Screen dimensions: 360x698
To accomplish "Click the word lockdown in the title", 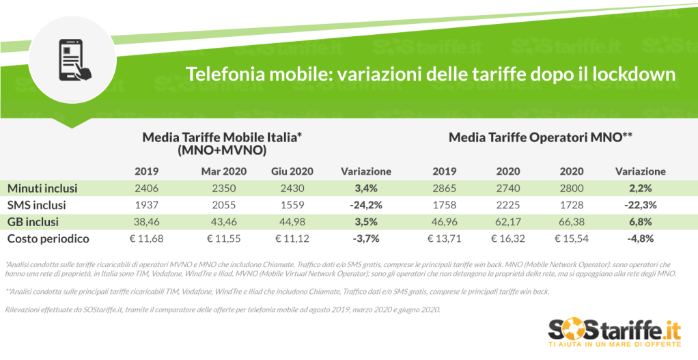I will coord(632,74).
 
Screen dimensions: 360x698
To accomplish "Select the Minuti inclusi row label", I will coord(42,188).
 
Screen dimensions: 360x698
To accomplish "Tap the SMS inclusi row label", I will coord(38,205).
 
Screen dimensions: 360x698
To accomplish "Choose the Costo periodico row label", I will coord(48,239).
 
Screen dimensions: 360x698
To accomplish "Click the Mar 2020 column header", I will coord(224,171).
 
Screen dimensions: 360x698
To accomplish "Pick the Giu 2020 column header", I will coord(292,171).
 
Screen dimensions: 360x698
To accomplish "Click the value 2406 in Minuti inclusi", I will coord(147,188).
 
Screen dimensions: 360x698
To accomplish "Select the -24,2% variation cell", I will coord(365,205).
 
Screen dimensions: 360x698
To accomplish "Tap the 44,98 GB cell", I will coord(292,222).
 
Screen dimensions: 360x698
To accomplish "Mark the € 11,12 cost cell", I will coord(292,239).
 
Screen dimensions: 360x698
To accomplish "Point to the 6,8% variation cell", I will coord(641,222).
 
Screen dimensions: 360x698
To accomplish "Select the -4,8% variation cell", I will coord(641,239).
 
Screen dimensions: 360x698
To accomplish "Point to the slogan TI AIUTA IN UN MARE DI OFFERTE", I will coord(615,346).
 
